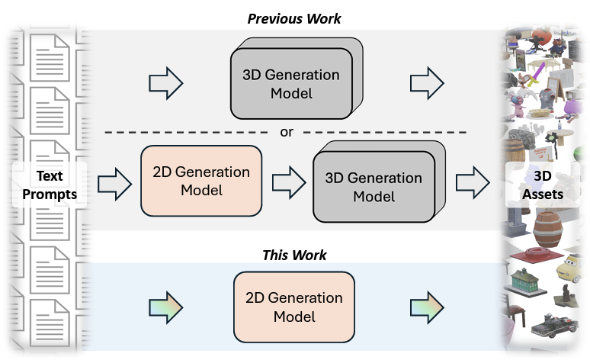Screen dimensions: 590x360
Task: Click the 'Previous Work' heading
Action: click(x=294, y=19)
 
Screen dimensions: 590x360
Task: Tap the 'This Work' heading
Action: click(x=294, y=255)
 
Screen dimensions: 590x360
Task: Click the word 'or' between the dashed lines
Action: click(x=287, y=132)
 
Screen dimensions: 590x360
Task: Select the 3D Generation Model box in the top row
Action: click(x=297, y=79)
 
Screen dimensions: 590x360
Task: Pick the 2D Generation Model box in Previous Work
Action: click(x=201, y=181)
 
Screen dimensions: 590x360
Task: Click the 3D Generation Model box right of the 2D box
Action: click(x=379, y=182)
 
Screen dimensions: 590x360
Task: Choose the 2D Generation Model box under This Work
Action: click(x=294, y=307)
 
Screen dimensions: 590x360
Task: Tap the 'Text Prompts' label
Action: click(x=50, y=185)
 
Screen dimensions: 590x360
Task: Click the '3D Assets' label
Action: click(x=543, y=185)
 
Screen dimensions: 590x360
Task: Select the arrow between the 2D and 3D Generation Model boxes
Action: click(x=289, y=183)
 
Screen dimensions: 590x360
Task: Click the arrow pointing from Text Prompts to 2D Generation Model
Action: click(x=115, y=184)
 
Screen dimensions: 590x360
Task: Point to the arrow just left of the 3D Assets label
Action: click(x=473, y=182)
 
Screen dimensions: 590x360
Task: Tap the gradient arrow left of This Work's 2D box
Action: click(x=166, y=307)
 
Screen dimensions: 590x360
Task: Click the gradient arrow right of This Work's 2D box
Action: click(x=427, y=307)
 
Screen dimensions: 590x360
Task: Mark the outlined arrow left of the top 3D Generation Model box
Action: click(x=166, y=83)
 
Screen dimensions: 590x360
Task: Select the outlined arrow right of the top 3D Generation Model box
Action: click(x=427, y=83)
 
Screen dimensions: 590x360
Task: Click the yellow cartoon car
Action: click(x=569, y=268)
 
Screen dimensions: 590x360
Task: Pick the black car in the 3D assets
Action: click(x=554, y=325)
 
